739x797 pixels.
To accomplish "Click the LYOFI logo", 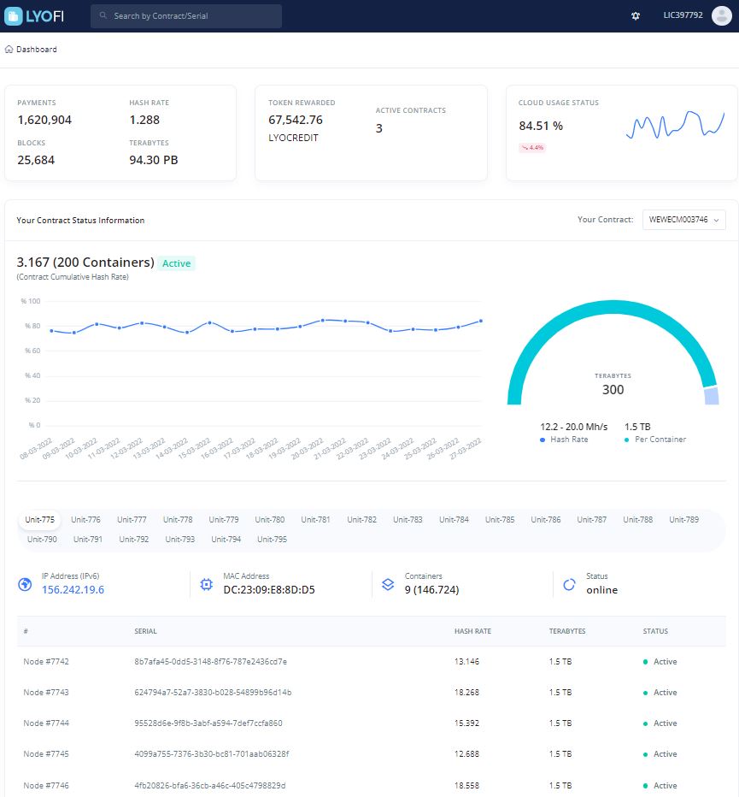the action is pyautogui.click(x=34, y=15).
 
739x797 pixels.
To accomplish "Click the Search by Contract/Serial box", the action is pyautogui.click(x=186, y=15).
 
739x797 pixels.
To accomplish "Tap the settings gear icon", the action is pyautogui.click(x=636, y=15).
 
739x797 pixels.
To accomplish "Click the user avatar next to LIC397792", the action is pyautogui.click(x=721, y=15).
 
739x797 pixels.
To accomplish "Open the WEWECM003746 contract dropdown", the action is pyautogui.click(x=683, y=220).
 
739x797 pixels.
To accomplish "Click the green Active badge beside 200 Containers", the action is pyautogui.click(x=176, y=263).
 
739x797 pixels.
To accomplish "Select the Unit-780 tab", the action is pyautogui.click(x=270, y=519).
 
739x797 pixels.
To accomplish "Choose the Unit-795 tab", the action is pyautogui.click(x=272, y=540).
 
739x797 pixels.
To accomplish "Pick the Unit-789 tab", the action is pyautogui.click(x=683, y=519).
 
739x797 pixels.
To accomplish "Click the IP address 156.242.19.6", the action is pyautogui.click(x=73, y=589).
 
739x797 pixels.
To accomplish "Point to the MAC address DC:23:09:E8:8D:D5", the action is pyautogui.click(x=269, y=589).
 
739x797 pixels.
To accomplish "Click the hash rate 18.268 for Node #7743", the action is pyautogui.click(x=466, y=693).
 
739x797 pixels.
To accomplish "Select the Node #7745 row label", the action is pyautogui.click(x=46, y=753).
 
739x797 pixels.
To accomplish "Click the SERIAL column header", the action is pyautogui.click(x=145, y=631).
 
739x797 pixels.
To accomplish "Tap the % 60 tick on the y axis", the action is pyautogui.click(x=32, y=351).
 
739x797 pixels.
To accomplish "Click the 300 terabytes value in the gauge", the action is pyautogui.click(x=613, y=390).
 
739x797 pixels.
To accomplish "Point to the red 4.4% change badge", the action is pyautogui.click(x=532, y=147).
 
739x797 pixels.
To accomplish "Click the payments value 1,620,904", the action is pyautogui.click(x=44, y=120).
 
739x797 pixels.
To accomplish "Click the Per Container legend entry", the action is pyautogui.click(x=655, y=440).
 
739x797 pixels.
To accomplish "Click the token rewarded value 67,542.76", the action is pyautogui.click(x=296, y=120).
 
